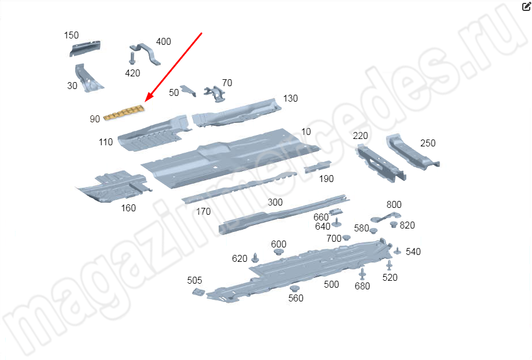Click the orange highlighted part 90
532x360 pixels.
(124, 113)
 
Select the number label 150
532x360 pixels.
(71, 35)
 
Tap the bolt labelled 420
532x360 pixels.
(132, 59)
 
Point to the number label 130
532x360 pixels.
(290, 98)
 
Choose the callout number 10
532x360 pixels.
(306, 131)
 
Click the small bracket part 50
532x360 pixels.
(188, 91)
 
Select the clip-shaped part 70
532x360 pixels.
(215, 94)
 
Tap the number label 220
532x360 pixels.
(360, 136)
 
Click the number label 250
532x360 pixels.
(428, 143)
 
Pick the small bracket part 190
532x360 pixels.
(317, 167)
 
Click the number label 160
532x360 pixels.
(128, 208)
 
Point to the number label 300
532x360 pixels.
(275, 202)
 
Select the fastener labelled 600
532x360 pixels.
(278, 251)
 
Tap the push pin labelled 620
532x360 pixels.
(255, 258)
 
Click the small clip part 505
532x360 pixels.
(199, 292)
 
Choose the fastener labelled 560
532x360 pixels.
(294, 288)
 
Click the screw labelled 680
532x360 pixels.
(362, 274)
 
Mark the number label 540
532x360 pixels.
(413, 251)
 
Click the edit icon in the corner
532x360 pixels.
(526, 6)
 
